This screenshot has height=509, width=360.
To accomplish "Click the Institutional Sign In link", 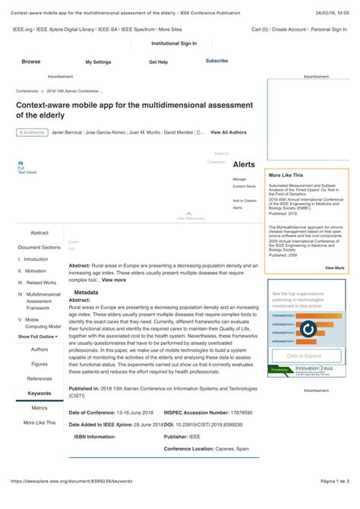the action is (x=174, y=43).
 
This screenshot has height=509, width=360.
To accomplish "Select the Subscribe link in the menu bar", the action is (x=216, y=61).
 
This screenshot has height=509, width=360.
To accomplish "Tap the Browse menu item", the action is (x=31, y=62).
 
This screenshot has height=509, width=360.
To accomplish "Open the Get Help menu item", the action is (x=158, y=62).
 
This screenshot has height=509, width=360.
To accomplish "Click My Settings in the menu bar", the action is (x=98, y=62).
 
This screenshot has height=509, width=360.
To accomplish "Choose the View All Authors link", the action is (x=228, y=132).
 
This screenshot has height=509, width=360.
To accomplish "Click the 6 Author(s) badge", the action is (x=31, y=133).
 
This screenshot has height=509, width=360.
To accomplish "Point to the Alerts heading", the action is (x=244, y=164).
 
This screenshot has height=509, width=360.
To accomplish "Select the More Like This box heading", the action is (x=286, y=175).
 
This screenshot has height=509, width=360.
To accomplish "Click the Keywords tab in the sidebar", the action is (x=39, y=393).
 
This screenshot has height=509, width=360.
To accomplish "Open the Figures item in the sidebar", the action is (x=39, y=364).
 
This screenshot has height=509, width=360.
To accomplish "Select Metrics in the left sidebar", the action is (x=39, y=408).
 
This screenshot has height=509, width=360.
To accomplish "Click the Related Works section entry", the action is (x=37, y=282).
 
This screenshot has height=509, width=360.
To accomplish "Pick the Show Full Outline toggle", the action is (x=38, y=336).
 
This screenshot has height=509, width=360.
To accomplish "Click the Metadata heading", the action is (x=86, y=292).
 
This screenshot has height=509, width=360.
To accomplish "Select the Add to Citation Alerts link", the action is (x=244, y=204).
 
